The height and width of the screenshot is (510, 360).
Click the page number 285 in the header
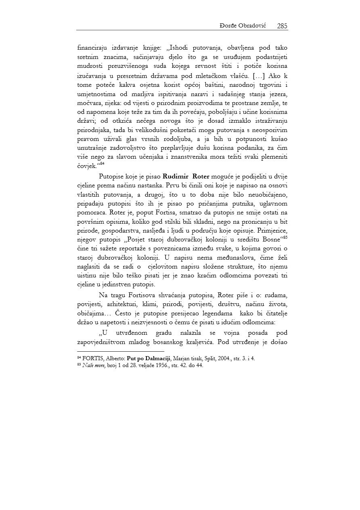pyautogui.click(x=282, y=26)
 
